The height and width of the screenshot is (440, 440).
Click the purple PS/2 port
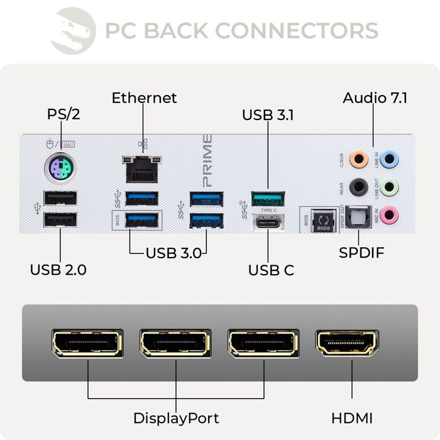[x=60, y=168]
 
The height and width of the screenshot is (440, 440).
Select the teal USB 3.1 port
[x=268, y=199]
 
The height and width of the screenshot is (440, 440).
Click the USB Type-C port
[x=268, y=221]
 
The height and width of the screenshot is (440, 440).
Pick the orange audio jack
[x=358, y=158]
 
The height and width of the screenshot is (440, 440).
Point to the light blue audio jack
[x=390, y=158]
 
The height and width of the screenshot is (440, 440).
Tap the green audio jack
[x=390, y=187]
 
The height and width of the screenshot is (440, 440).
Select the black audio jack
[x=358, y=187]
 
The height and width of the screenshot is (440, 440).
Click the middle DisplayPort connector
[x=175, y=343]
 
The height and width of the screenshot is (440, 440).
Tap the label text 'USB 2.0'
[x=58, y=270]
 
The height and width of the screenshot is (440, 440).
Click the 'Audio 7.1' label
[x=375, y=98]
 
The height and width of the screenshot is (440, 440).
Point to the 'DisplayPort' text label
[x=176, y=418]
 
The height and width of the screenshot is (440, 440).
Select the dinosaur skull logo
[x=73, y=30]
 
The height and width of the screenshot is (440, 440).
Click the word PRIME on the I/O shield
[x=207, y=157]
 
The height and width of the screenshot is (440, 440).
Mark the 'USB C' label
[x=271, y=270]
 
